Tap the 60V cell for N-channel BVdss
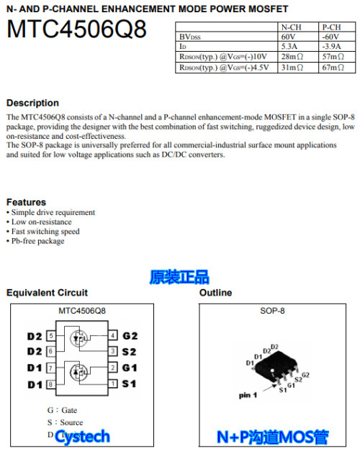pyautogui.click(x=288, y=36)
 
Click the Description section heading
pyautogui.click(x=32, y=103)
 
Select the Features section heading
pyautogui.click(x=26, y=202)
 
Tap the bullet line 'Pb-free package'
pyautogui.click(x=37, y=241)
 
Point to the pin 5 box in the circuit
pyautogui.click(x=50, y=336)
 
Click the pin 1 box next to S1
pyautogui.click(x=113, y=384)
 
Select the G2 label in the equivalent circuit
pyautogui.click(x=130, y=336)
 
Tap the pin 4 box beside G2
pyautogui.click(x=113, y=336)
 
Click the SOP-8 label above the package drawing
pyautogui.click(x=272, y=311)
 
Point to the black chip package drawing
pyautogui.click(x=277, y=365)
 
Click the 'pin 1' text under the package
pyautogui.click(x=247, y=396)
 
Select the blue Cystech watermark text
pyautogui.click(x=82, y=436)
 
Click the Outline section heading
pyautogui.click(x=215, y=293)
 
